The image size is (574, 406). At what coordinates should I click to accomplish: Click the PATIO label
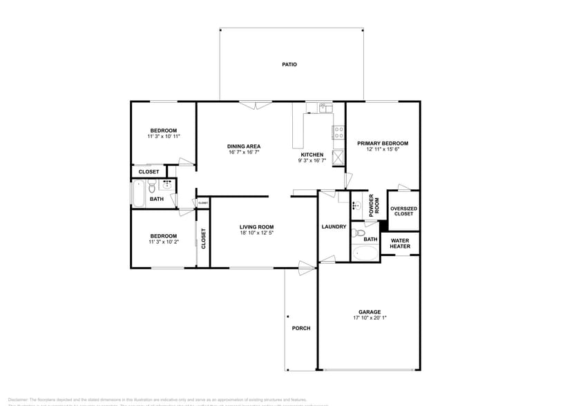click(x=289, y=64)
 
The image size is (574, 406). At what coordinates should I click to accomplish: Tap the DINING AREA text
click(x=244, y=146)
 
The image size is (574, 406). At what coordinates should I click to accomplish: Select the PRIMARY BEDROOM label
click(x=382, y=144)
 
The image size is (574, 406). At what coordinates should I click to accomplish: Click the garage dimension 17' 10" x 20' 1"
click(x=369, y=318)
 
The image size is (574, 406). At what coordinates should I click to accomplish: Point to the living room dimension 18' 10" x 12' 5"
click(x=256, y=233)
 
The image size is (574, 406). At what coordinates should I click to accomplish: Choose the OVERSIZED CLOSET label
click(x=403, y=211)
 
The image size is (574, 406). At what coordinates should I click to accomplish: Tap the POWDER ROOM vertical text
click(x=374, y=206)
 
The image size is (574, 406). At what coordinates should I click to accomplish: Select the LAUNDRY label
click(x=334, y=226)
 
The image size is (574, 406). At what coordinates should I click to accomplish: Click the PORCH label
click(x=300, y=328)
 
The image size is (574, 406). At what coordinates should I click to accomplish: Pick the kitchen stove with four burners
click(x=338, y=131)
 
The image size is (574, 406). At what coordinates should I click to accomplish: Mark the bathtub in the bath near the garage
click(x=365, y=253)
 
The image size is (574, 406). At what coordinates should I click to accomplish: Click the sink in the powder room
click(x=356, y=205)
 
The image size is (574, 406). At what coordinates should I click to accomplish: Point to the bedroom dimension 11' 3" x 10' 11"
click(x=164, y=137)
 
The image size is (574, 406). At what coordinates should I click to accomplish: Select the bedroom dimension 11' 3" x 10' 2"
click(x=163, y=242)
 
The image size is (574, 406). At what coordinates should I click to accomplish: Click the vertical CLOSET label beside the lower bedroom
click(x=204, y=239)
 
